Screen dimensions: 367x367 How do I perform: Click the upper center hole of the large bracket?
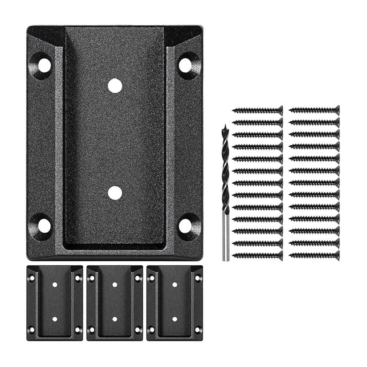[115, 85]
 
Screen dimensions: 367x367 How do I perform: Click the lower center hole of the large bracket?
[115, 193]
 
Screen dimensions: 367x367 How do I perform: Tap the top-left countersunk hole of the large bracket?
[44, 65]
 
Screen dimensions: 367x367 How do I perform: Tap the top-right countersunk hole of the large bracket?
[186, 65]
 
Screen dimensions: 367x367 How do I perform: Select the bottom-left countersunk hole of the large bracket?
[44, 226]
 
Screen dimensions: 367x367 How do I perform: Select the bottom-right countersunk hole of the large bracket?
[186, 226]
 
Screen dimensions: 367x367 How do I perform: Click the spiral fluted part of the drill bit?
[225, 169]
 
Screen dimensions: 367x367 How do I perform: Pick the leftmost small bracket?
[55, 303]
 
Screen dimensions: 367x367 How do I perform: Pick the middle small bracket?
[115, 303]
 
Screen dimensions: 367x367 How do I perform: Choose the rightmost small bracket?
[174, 303]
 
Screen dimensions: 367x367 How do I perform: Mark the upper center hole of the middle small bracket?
[115, 284]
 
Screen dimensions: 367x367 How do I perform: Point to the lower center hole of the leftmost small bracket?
[55, 319]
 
